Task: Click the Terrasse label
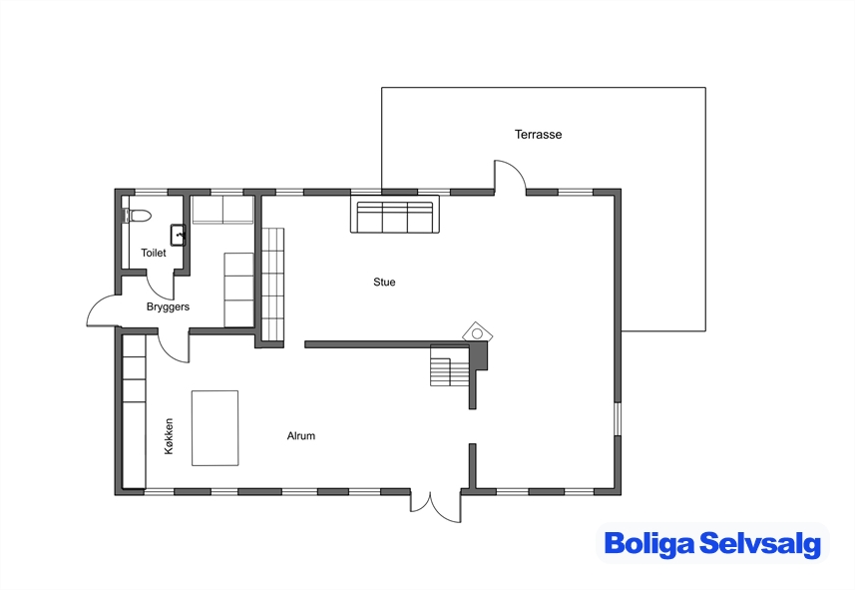(x=538, y=134)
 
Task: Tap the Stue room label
(x=384, y=283)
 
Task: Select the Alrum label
(x=301, y=435)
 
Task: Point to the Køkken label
(x=169, y=436)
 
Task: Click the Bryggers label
(x=168, y=306)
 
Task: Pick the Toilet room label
(x=154, y=253)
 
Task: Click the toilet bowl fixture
(x=137, y=215)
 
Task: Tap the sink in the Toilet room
(x=179, y=235)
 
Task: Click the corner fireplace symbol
(x=477, y=332)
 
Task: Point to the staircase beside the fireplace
(x=450, y=365)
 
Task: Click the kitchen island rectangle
(x=214, y=428)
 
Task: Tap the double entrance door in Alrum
(x=436, y=506)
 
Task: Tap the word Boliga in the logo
(x=648, y=544)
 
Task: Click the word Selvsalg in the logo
(x=760, y=544)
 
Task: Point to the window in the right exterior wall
(x=618, y=419)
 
